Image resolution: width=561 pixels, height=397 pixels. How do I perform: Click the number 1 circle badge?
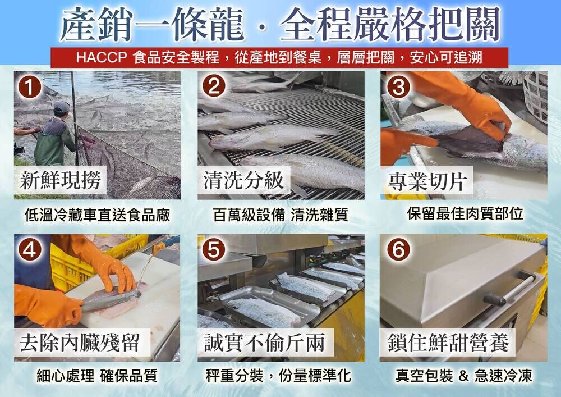(30, 87)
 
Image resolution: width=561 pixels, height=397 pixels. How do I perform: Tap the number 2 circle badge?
(214, 86)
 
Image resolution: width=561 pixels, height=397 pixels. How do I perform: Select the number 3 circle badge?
(398, 86)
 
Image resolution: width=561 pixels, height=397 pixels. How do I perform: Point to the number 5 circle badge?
(214, 249)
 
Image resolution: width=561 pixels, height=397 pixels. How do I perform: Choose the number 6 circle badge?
(398, 249)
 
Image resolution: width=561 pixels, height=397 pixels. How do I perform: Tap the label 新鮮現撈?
(61, 180)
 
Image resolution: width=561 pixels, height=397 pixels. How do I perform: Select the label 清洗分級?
(243, 180)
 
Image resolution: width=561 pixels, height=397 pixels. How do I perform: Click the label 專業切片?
(428, 181)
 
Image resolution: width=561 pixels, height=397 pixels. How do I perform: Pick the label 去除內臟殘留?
(80, 343)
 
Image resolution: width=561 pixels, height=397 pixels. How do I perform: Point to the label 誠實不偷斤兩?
(265, 343)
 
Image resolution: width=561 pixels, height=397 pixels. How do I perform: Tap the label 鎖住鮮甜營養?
(448, 343)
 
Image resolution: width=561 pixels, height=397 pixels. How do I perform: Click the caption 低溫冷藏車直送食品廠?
(97, 215)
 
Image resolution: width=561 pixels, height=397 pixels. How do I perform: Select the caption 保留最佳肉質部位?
(465, 214)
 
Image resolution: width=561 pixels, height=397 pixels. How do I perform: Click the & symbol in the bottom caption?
(463, 376)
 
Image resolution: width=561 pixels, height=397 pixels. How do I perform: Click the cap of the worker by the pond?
(62, 106)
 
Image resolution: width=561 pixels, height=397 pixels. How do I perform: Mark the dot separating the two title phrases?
(262, 28)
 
